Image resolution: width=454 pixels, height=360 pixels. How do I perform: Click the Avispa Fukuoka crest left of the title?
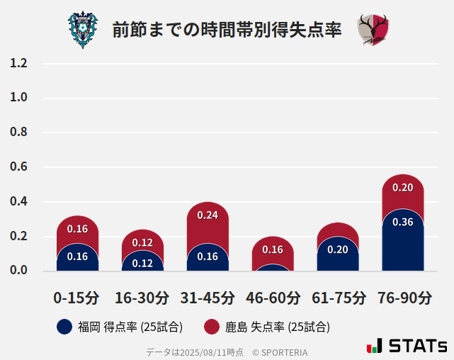(x=83, y=30)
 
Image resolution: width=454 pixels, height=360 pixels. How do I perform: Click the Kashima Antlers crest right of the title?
(x=373, y=30)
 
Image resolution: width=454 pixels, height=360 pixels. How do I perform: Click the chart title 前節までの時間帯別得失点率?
(x=227, y=30)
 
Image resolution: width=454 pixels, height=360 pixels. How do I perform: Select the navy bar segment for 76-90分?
(x=402, y=241)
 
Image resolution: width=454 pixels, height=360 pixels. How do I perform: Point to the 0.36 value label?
(x=402, y=222)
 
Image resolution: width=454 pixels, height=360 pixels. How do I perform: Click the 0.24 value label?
(x=208, y=215)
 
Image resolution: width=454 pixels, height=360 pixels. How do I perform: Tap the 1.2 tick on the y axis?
(x=19, y=63)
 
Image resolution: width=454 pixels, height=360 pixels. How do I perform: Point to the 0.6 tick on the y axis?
(x=19, y=167)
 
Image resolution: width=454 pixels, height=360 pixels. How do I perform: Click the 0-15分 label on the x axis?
(x=76, y=298)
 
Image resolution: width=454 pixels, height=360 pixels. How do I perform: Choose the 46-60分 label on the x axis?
(x=273, y=298)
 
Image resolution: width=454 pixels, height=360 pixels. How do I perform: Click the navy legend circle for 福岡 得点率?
(x=64, y=327)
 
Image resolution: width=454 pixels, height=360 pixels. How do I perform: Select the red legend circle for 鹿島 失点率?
(x=211, y=327)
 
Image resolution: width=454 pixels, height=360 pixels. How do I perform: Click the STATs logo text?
(x=417, y=347)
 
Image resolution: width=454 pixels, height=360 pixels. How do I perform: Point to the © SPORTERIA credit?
(x=280, y=351)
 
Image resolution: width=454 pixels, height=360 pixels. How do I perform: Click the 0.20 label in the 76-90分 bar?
(x=402, y=188)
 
